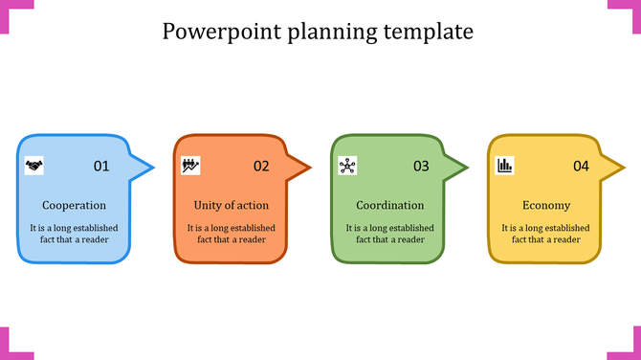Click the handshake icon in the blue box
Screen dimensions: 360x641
[34, 166]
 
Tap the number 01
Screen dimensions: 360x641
[101, 167]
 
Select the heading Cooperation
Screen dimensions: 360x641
[74, 205]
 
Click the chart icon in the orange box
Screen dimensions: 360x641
[190, 166]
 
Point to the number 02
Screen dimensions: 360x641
[261, 167]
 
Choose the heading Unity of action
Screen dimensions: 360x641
[231, 205]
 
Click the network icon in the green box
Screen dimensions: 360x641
[347, 166]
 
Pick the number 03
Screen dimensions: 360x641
[421, 167]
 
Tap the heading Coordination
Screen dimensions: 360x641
[389, 205]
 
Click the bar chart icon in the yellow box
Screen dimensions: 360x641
[504, 166]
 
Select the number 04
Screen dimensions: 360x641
[581, 167]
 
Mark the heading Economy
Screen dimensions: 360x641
[546, 205]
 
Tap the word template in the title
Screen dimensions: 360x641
[430, 33]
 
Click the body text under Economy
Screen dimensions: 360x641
[546, 234]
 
